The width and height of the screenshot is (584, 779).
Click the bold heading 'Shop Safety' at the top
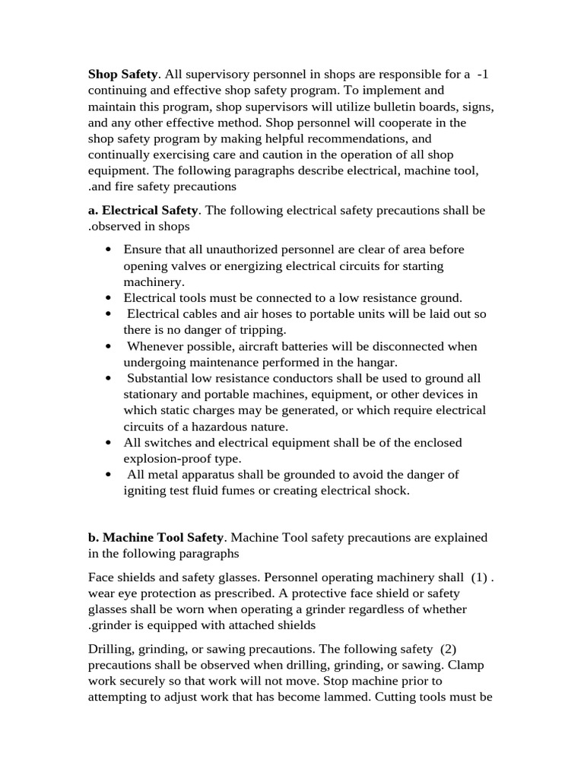pyautogui.click(x=122, y=74)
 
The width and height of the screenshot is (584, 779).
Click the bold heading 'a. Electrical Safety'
pyautogui.click(x=143, y=209)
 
